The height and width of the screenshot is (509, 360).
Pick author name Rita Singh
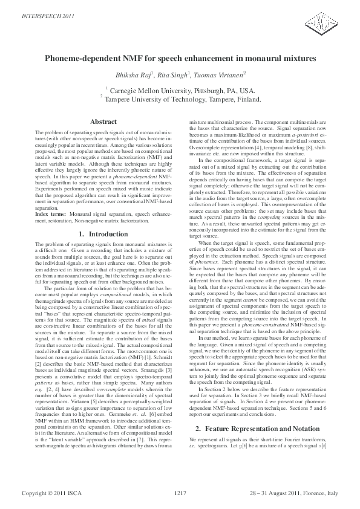(x=175, y=74)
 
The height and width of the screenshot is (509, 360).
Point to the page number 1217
(x=180, y=494)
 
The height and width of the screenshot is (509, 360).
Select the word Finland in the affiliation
(x=248, y=99)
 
